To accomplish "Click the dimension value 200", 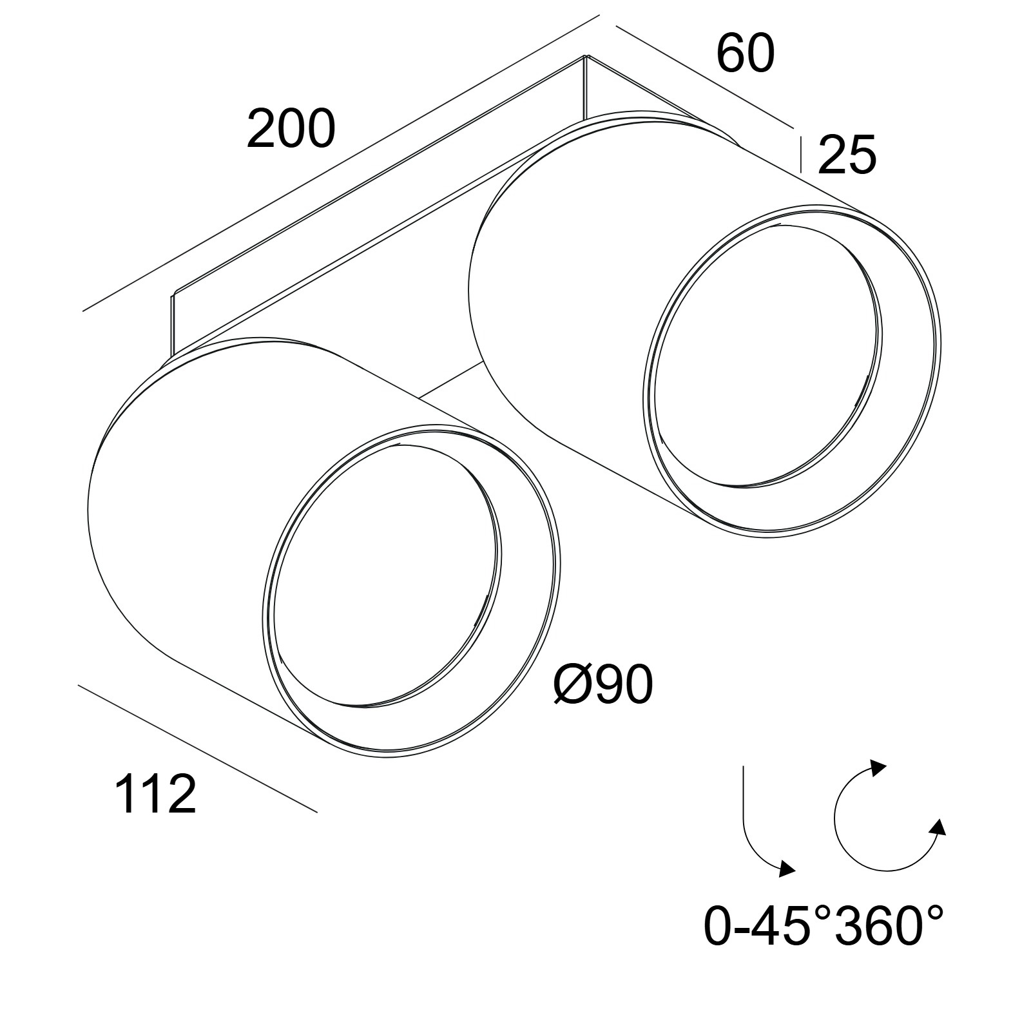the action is coord(291,129).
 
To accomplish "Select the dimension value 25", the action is coord(847,155).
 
